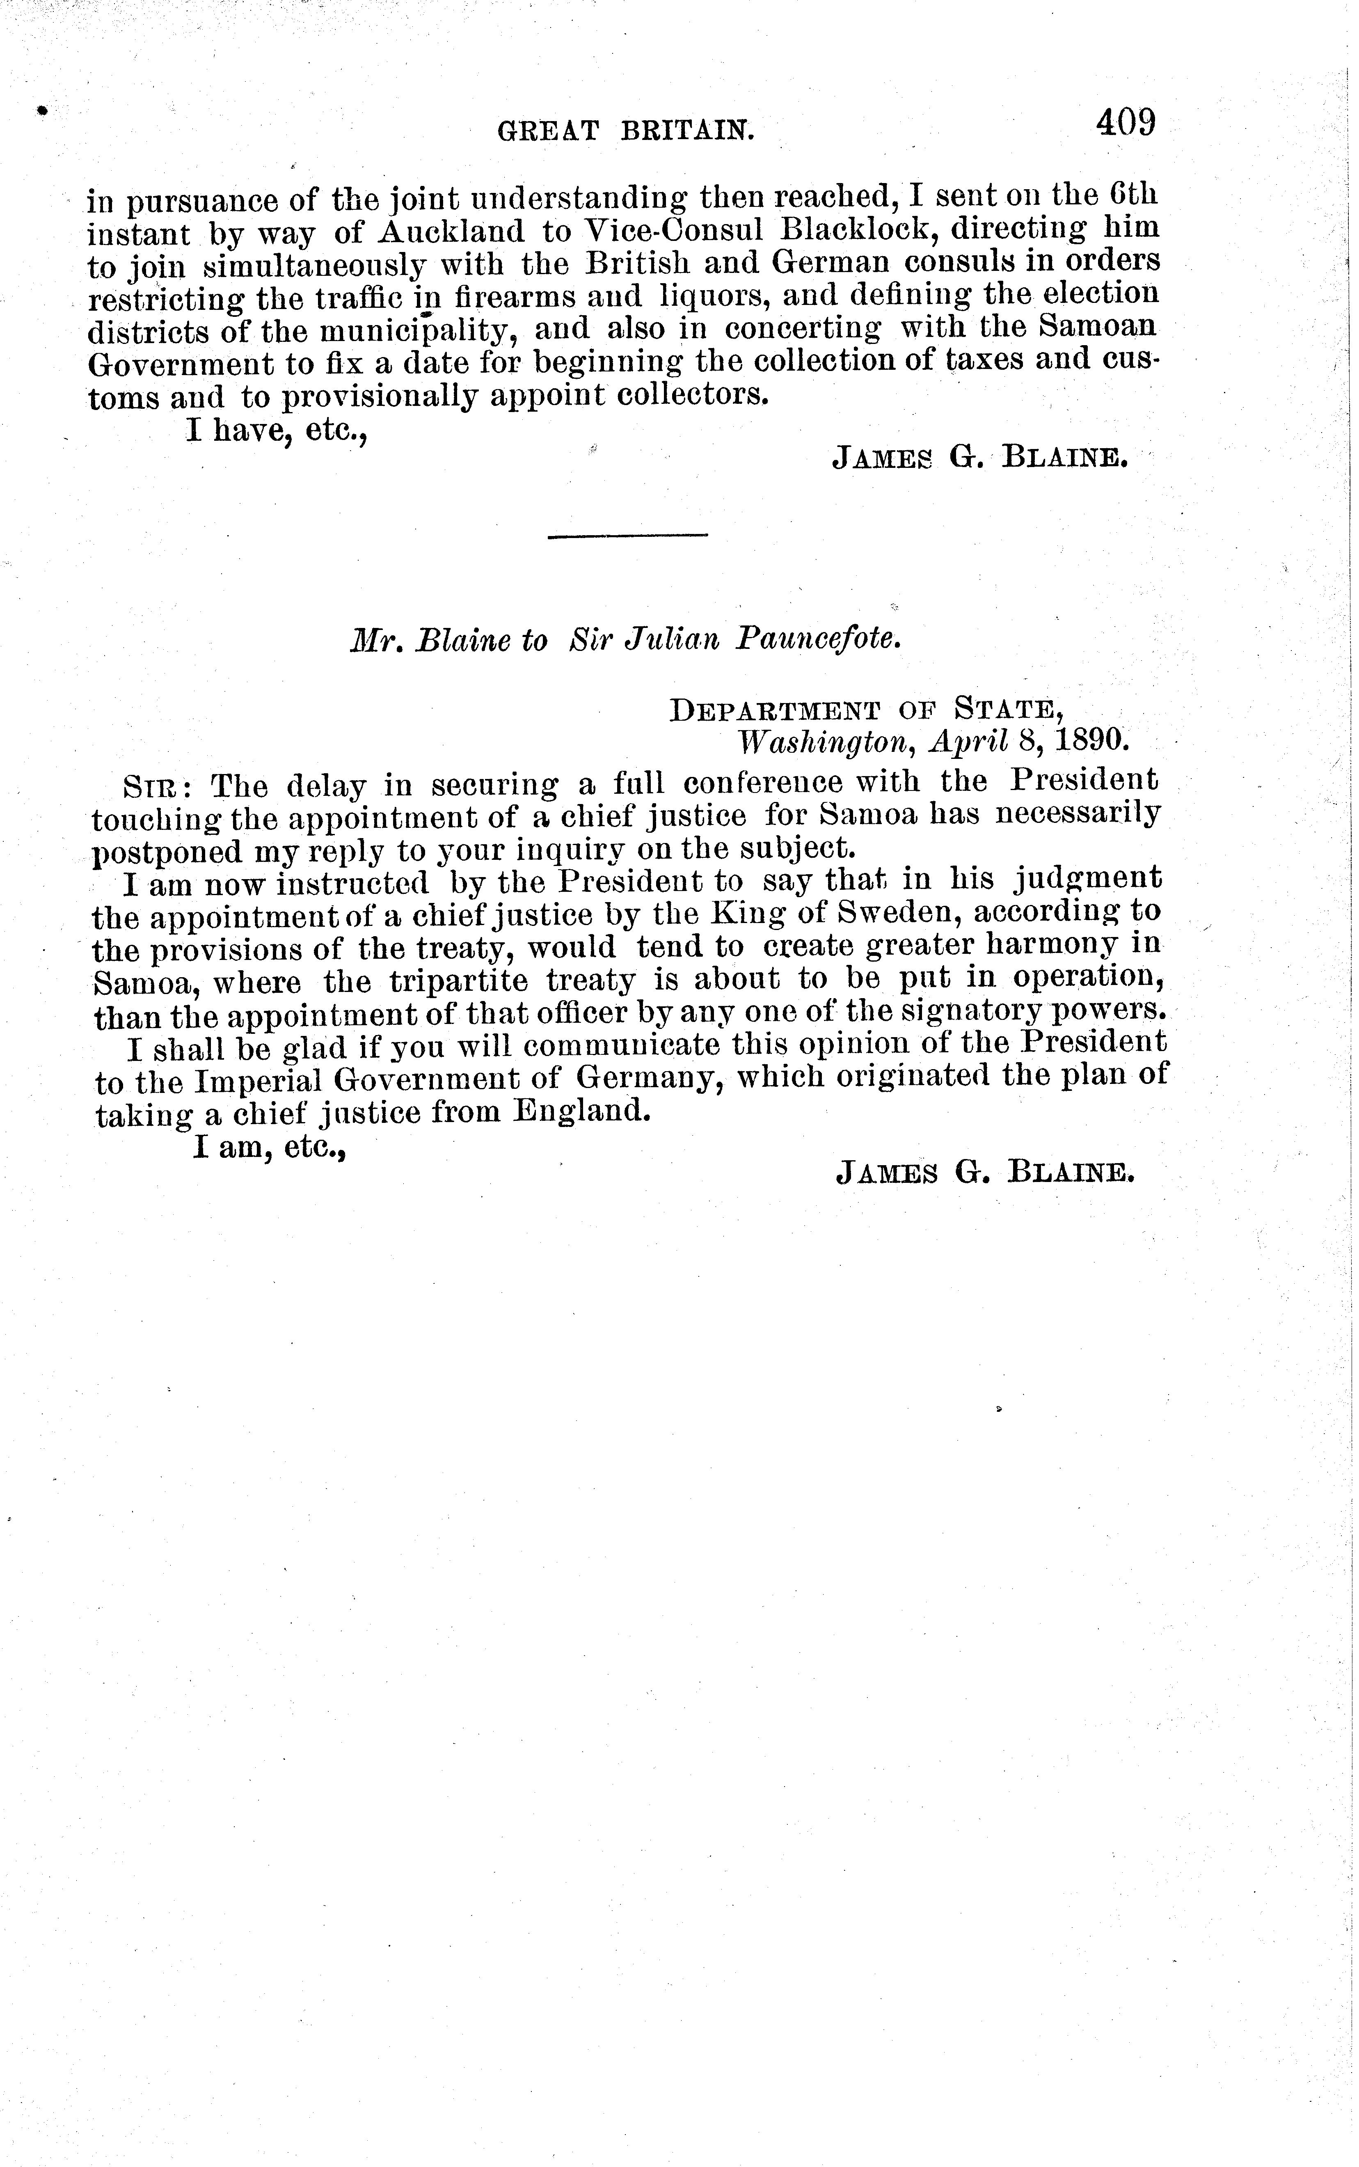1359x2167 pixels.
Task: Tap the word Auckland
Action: (x=451, y=232)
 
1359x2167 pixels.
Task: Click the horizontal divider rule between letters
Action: (x=627, y=536)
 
